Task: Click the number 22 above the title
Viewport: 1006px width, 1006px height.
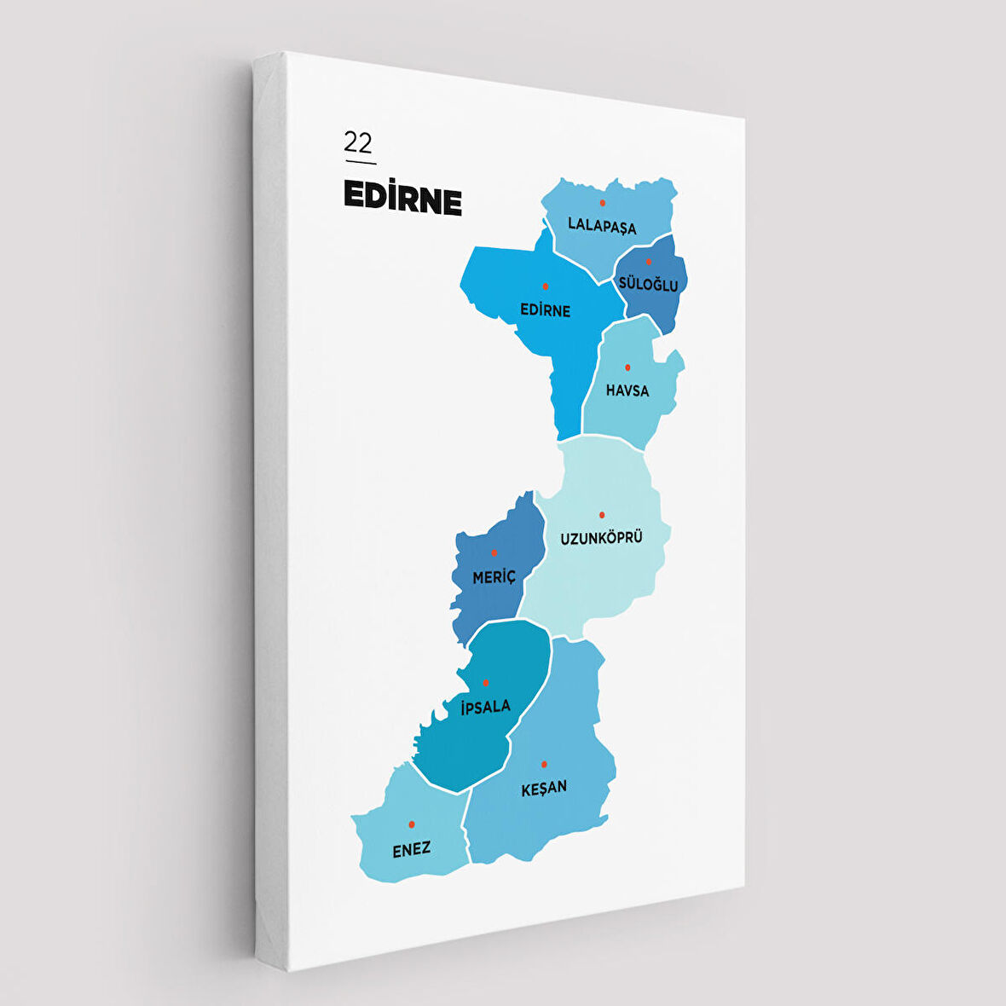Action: pyautogui.click(x=358, y=142)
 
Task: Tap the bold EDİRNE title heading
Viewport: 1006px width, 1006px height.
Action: pyautogui.click(x=402, y=198)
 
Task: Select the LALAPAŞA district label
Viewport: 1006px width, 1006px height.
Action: pyautogui.click(x=602, y=227)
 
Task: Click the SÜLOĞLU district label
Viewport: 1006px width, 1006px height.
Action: pyautogui.click(x=649, y=284)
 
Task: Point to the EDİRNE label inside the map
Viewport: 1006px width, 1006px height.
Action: pyautogui.click(x=546, y=310)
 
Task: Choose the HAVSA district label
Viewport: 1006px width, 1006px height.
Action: pyautogui.click(x=627, y=390)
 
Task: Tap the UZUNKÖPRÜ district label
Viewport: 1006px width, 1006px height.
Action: pyautogui.click(x=601, y=538)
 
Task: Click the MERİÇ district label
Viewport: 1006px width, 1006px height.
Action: pyautogui.click(x=494, y=577)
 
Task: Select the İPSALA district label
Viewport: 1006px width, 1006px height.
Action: pyautogui.click(x=485, y=706)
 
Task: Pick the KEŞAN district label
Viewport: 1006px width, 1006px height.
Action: pyautogui.click(x=544, y=788)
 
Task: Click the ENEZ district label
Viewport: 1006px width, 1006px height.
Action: pyautogui.click(x=411, y=849)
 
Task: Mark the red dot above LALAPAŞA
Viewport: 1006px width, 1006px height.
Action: pyautogui.click(x=602, y=203)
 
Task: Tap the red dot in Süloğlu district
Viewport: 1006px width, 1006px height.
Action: pyautogui.click(x=648, y=262)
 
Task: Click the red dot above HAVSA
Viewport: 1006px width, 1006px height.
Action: pyautogui.click(x=627, y=367)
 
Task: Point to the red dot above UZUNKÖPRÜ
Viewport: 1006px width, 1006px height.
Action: pyautogui.click(x=602, y=515)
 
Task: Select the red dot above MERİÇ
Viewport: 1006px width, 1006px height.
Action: pyautogui.click(x=494, y=553)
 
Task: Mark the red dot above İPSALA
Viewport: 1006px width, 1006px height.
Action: pyautogui.click(x=486, y=683)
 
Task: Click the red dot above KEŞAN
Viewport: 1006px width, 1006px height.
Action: pyautogui.click(x=544, y=764)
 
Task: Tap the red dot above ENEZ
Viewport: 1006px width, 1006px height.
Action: pyautogui.click(x=412, y=824)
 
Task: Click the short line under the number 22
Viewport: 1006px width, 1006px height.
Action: pyautogui.click(x=360, y=162)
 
